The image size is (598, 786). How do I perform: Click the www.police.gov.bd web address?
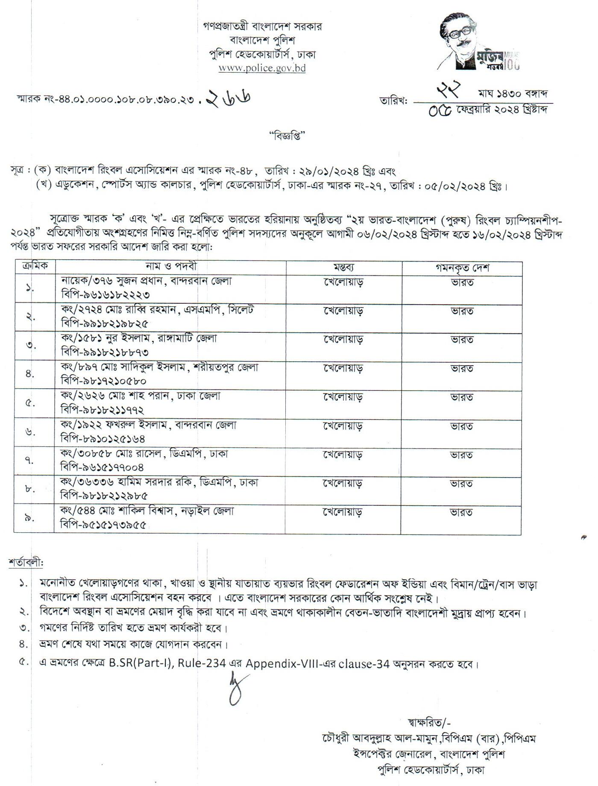(x=262, y=68)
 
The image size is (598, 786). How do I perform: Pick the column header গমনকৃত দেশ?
(x=462, y=268)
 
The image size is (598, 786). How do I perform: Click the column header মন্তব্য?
(x=343, y=268)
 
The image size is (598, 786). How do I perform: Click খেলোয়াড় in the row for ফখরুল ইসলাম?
(x=343, y=425)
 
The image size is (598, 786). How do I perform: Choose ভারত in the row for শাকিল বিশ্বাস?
(x=461, y=512)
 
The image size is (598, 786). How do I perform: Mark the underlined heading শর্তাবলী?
(x=26, y=563)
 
